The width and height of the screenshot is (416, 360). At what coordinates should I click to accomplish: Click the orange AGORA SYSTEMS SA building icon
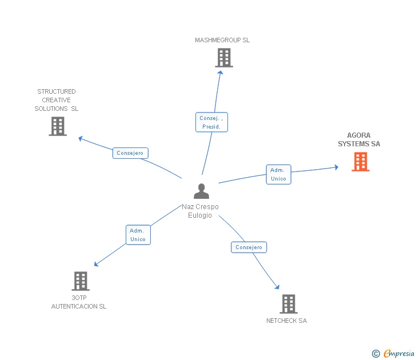click(360, 162)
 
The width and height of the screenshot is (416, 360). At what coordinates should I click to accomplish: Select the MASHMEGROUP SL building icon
click(224, 57)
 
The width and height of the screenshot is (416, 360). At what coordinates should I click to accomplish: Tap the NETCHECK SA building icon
click(289, 303)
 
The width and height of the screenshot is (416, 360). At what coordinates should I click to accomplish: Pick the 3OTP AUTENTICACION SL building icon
click(81, 281)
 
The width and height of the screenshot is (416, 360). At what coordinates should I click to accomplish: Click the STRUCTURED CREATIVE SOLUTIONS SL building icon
click(58, 126)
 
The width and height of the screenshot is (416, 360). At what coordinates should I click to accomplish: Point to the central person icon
click(201, 191)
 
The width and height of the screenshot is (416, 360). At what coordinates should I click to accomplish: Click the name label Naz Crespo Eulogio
click(200, 211)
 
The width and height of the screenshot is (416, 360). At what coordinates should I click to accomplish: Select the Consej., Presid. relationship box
click(211, 122)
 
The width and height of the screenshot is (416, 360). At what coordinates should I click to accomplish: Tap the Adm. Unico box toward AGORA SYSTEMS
click(278, 174)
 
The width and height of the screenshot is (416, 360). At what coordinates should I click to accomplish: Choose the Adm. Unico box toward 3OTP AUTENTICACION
click(138, 235)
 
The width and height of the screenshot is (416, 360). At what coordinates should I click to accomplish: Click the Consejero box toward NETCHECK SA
click(249, 247)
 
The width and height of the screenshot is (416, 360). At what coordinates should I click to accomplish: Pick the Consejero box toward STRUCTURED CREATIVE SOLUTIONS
click(130, 153)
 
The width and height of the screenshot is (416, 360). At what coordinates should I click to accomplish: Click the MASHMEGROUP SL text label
click(222, 40)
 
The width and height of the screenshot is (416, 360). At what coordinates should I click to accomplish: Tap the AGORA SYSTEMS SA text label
click(359, 140)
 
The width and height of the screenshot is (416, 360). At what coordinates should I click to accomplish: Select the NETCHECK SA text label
click(286, 321)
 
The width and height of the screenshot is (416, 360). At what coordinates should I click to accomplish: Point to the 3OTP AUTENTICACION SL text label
click(79, 302)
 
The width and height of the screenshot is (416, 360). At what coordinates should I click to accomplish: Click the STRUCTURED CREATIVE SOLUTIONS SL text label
click(57, 100)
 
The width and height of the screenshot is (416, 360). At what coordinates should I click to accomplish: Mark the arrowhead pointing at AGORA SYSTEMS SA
click(337, 167)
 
